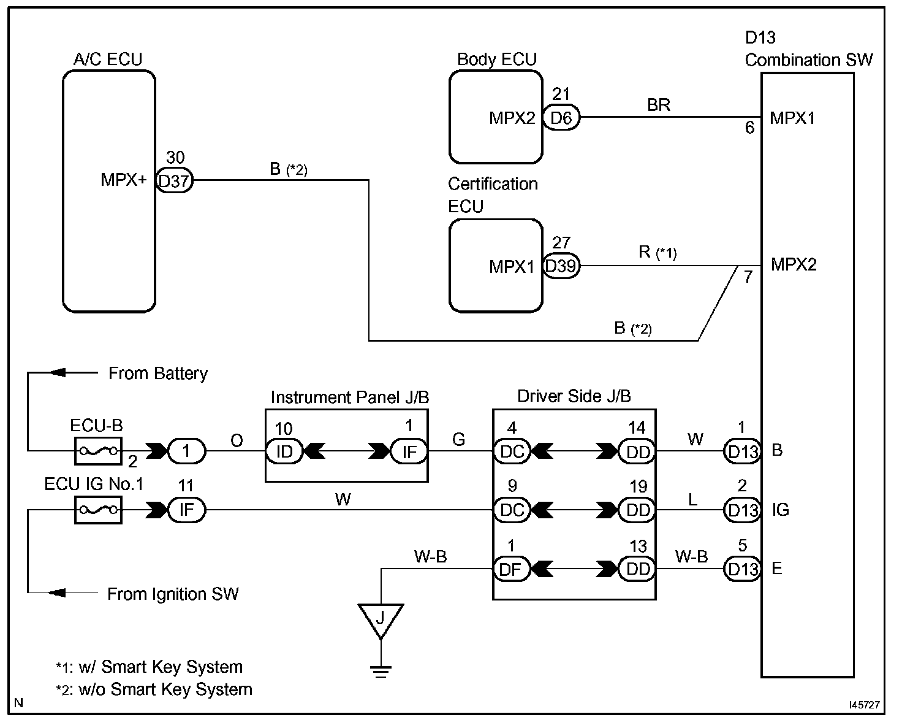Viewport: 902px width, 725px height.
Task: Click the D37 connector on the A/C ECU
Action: tap(175, 181)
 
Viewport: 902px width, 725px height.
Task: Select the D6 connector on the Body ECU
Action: tap(561, 118)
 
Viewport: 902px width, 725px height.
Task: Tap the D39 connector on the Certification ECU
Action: tap(561, 266)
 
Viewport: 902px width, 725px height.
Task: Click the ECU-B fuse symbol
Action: tap(98, 451)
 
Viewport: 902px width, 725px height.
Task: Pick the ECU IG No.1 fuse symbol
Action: tap(98, 510)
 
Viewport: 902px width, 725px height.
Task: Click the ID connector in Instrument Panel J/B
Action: tap(284, 451)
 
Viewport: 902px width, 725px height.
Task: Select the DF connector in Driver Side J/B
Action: tap(511, 569)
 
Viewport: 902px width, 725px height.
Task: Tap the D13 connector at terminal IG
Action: tap(742, 510)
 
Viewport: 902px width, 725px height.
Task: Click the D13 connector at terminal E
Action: tap(742, 569)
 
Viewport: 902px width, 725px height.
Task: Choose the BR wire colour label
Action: tap(659, 105)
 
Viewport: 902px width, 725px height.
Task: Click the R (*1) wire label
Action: tap(658, 252)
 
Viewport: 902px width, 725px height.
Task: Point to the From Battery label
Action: tap(158, 374)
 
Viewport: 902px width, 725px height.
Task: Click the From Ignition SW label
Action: tap(173, 594)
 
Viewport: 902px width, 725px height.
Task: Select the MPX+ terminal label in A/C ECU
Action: tap(124, 180)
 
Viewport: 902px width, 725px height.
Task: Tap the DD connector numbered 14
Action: tap(637, 451)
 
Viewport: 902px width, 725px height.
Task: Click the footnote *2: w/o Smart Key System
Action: tap(154, 689)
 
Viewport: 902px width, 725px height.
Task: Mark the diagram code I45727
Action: tap(864, 705)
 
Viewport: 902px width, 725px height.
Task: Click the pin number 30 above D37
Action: tap(175, 158)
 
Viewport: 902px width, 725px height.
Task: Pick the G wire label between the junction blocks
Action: tap(458, 439)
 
